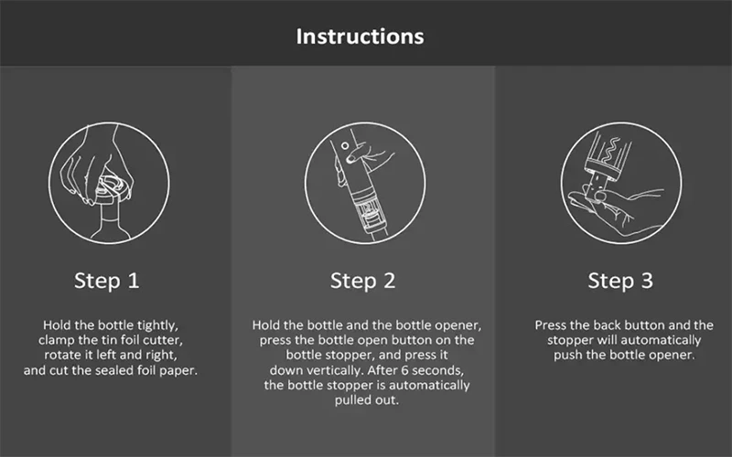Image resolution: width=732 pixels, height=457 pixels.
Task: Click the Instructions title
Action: pyautogui.click(x=360, y=37)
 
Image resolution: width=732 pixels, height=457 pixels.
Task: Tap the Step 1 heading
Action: pyautogui.click(x=107, y=281)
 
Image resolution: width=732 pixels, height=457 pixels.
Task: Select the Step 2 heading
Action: pyautogui.click(x=362, y=281)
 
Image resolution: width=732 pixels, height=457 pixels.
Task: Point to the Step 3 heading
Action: pyautogui.click(x=620, y=281)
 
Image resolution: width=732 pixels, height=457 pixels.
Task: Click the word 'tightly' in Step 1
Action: pyautogui.click(x=157, y=325)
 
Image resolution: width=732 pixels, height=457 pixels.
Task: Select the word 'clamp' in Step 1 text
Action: pyautogui.click(x=54, y=340)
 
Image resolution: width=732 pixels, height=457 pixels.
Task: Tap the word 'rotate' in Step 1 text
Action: pyautogui.click(x=61, y=356)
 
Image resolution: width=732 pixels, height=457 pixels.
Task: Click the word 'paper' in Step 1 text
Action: pyautogui.click(x=178, y=371)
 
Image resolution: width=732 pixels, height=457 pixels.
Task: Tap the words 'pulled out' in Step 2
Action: pyautogui.click(x=367, y=400)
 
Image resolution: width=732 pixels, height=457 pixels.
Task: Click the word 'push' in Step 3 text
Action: pyautogui.click(x=567, y=356)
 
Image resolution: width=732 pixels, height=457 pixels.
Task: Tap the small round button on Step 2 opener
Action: pyautogui.click(x=345, y=146)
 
